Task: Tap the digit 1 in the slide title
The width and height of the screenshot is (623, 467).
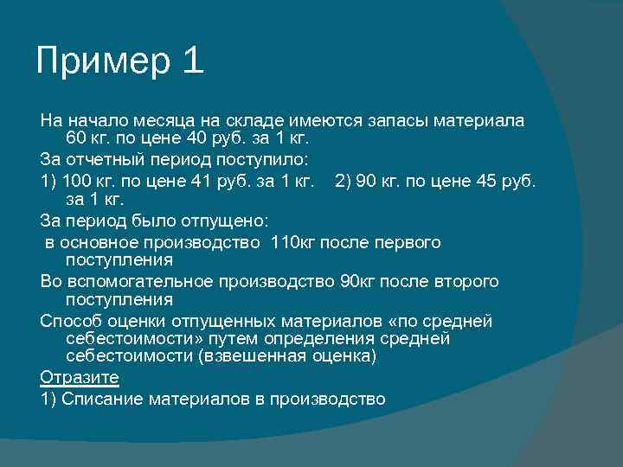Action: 192,62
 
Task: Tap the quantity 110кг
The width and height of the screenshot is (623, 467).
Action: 293,242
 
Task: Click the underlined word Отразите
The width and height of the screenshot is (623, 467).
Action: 80,378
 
